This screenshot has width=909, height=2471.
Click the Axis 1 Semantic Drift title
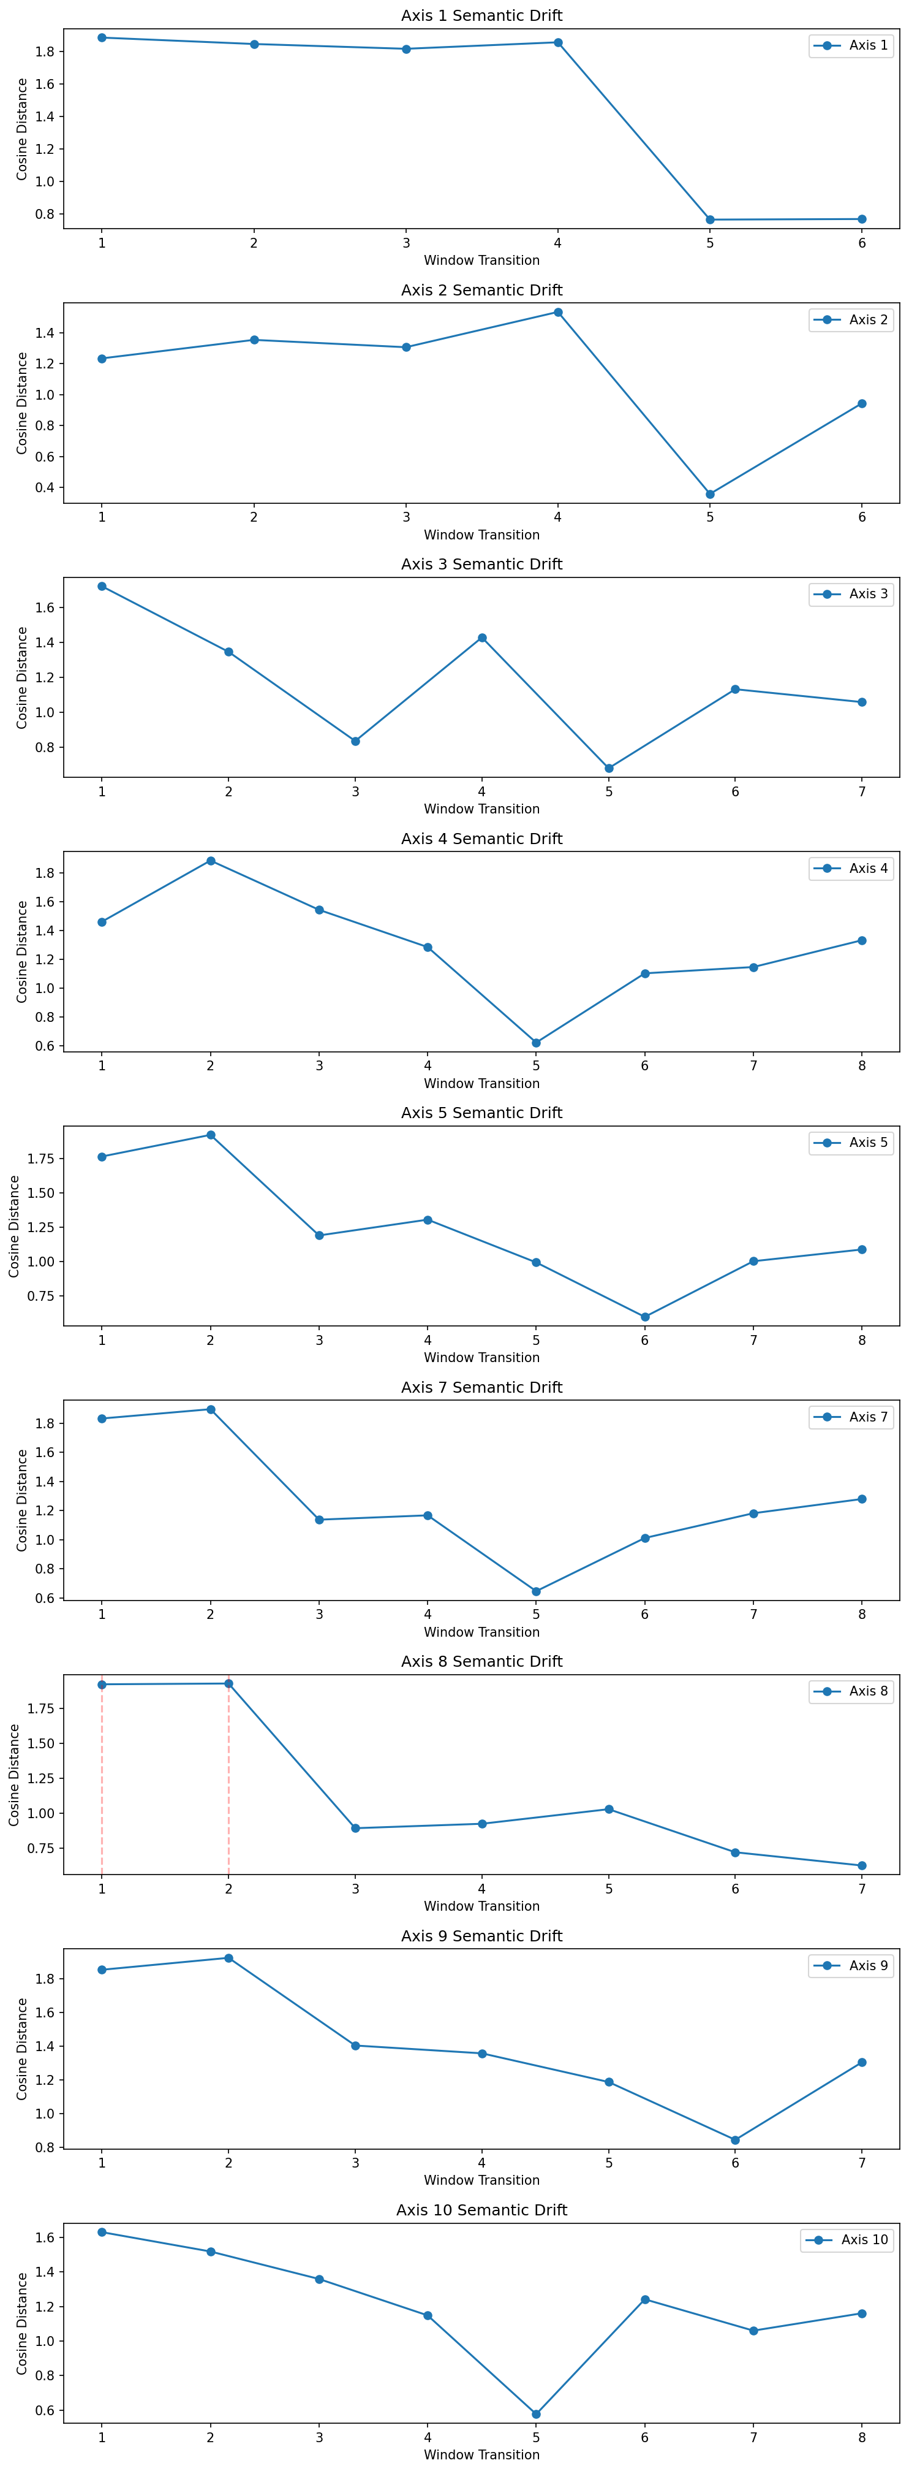pyautogui.click(x=481, y=15)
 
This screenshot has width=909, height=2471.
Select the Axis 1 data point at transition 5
pyautogui.click(x=709, y=219)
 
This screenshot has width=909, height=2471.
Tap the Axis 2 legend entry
pyautogui.click(x=851, y=319)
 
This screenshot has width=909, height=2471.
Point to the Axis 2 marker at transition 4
pyautogui.click(x=558, y=312)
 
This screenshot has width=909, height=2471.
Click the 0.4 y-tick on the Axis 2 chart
pyautogui.click(x=45, y=487)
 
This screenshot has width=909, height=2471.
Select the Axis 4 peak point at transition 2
pyautogui.click(x=210, y=861)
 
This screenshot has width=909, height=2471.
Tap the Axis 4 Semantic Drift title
pyautogui.click(x=481, y=839)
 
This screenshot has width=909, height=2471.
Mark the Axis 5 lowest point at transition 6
pyautogui.click(x=644, y=1317)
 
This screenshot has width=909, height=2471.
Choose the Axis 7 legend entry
pyautogui.click(x=851, y=1417)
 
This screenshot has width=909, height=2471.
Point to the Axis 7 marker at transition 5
pyautogui.click(x=536, y=1591)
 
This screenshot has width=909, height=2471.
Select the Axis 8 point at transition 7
pyautogui.click(x=862, y=1866)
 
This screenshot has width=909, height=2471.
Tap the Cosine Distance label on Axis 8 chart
pyautogui.click(x=14, y=1775)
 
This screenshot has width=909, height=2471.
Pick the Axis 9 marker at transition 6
pyautogui.click(x=736, y=2140)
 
